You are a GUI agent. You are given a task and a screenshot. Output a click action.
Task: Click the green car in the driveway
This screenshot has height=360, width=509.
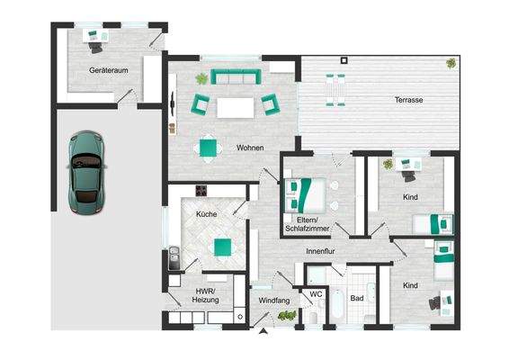(x=87, y=166)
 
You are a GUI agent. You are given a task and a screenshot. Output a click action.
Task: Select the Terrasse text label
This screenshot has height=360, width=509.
(x=409, y=99)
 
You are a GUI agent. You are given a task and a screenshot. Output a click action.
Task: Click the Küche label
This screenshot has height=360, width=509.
(x=209, y=213)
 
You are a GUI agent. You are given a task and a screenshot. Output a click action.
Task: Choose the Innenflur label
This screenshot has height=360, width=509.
(x=321, y=251)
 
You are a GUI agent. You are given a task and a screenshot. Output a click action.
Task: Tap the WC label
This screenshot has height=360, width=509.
(x=316, y=294)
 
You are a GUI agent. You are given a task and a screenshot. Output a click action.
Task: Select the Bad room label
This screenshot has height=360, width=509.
(x=357, y=298)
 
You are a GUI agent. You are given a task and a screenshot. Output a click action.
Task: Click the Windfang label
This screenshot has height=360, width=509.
(x=273, y=299)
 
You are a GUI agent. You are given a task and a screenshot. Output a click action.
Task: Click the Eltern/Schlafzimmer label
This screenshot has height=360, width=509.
(x=308, y=224)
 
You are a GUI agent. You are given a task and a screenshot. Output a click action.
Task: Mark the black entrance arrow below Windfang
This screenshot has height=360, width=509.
(x=263, y=333)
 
